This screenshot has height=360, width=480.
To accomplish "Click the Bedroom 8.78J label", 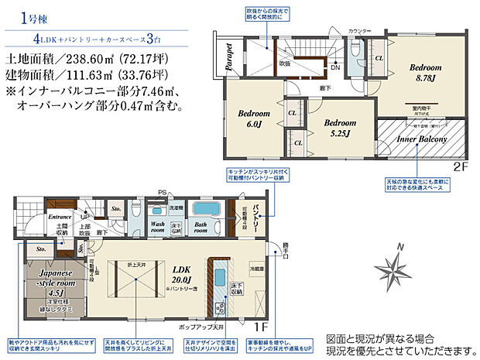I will (x=424, y=73).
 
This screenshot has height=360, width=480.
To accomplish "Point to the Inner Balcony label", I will (x=423, y=139).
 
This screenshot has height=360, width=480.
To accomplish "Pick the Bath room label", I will (x=200, y=228).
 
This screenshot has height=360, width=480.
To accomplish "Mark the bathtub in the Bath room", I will (x=206, y=210).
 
